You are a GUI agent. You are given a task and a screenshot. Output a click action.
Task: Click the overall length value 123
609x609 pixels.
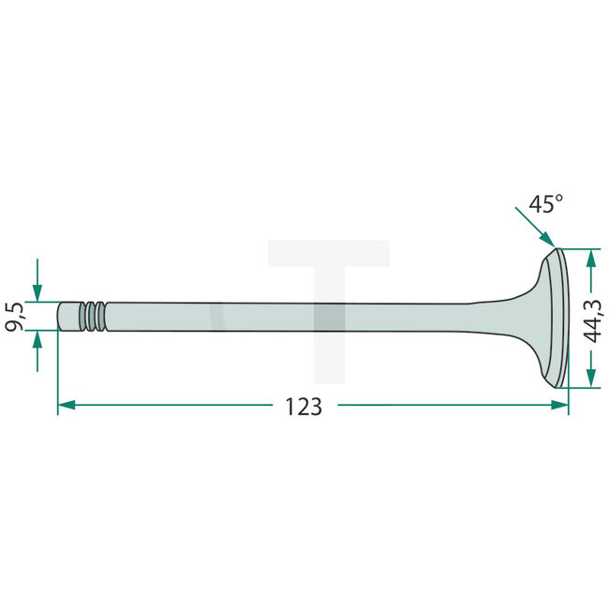pyautogui.click(x=303, y=407)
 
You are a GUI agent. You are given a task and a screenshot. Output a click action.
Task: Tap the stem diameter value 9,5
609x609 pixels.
pyautogui.click(x=16, y=316)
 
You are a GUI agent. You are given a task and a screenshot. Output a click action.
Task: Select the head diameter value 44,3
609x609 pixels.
pyautogui.click(x=594, y=319)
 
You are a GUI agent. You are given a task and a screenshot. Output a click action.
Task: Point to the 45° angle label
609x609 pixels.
pyautogui.click(x=545, y=204)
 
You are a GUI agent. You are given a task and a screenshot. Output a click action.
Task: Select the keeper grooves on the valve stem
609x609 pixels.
pyautogui.click(x=93, y=316)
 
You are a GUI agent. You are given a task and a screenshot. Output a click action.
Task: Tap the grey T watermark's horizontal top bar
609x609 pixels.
pyautogui.click(x=328, y=254)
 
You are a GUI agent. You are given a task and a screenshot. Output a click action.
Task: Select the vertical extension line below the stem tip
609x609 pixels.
pyautogui.click(x=58, y=370)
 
